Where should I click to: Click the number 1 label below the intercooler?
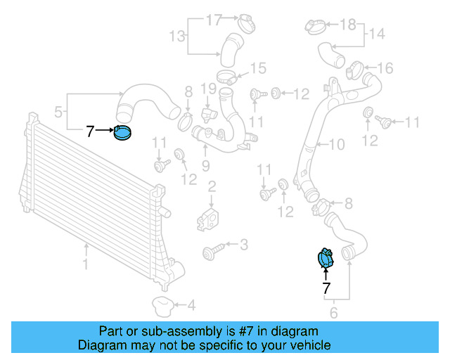point(86,265)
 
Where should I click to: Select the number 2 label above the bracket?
point(211,186)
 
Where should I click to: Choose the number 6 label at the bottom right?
point(333,314)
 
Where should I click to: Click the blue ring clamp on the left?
point(123,132)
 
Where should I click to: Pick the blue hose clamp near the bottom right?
point(326,259)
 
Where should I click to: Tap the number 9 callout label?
point(205,166)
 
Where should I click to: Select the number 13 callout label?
point(176,34)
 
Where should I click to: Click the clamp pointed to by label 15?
point(226,76)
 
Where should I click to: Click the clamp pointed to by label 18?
point(316,27)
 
